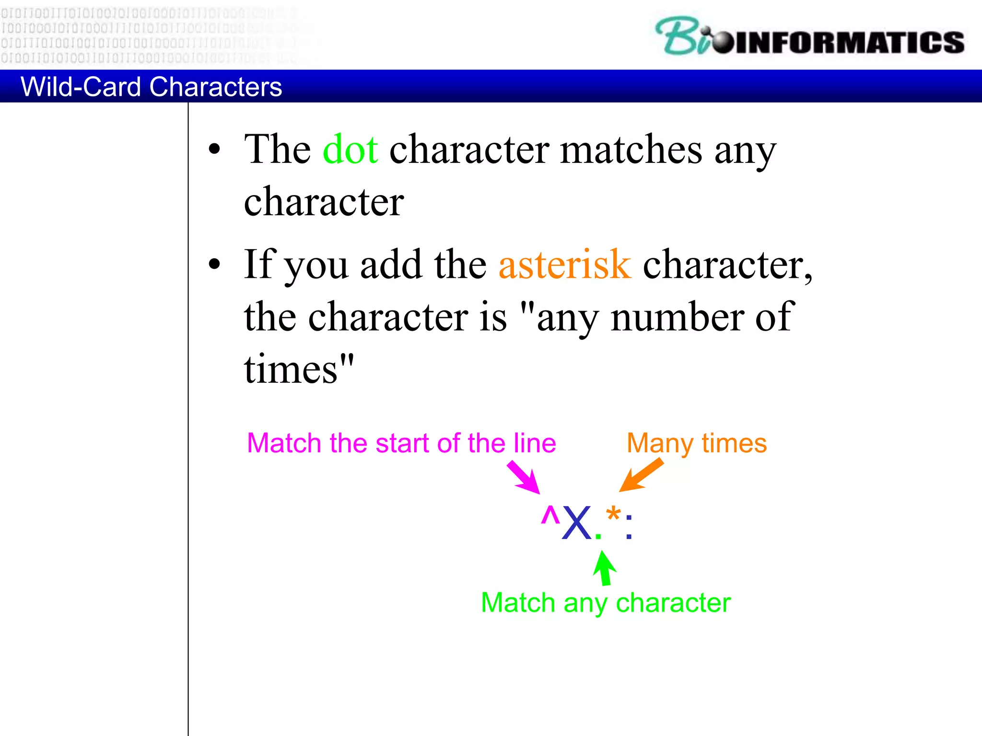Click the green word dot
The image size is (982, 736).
point(350,150)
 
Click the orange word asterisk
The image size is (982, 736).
point(564,265)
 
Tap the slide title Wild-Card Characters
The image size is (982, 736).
point(151,87)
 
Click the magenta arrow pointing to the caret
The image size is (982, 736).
point(524,477)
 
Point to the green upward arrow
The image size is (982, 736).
point(604,568)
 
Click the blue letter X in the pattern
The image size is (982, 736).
point(576,523)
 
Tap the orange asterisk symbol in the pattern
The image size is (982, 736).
point(613,516)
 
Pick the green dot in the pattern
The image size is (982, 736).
point(598,536)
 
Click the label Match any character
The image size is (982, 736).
point(605,603)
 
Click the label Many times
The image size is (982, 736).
point(696,443)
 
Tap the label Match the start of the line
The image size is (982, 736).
point(401,443)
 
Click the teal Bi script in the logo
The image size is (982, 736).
point(683,36)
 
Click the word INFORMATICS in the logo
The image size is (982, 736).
point(849,43)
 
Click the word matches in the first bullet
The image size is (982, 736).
point(631,150)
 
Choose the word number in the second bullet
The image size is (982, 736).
point(677,317)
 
